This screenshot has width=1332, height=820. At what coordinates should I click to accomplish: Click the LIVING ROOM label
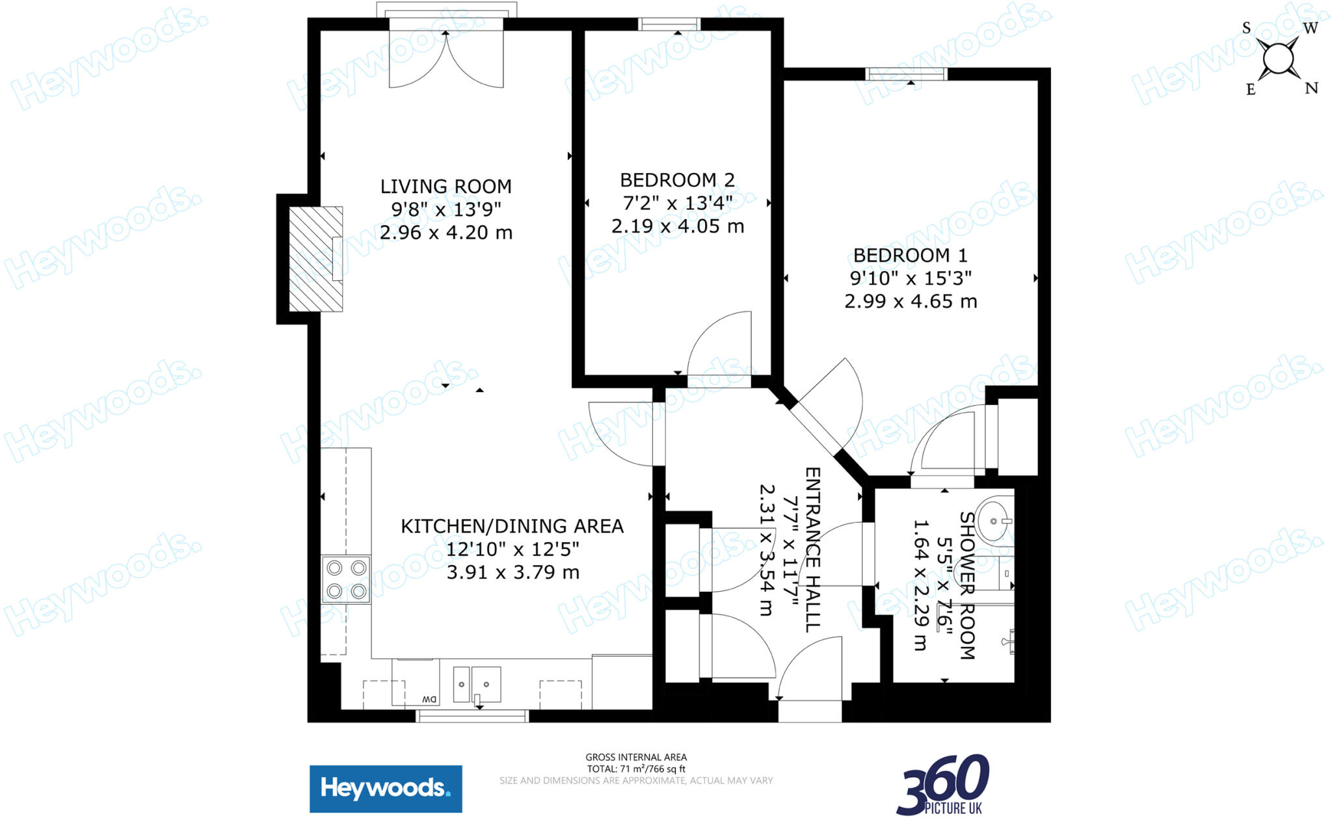click(446, 187)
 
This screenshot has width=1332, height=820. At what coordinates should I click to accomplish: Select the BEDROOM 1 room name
click(910, 256)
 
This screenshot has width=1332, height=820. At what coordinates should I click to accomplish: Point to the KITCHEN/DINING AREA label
click(512, 526)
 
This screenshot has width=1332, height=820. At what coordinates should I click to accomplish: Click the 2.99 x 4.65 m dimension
click(910, 302)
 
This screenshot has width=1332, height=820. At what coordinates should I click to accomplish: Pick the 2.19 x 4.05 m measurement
click(677, 226)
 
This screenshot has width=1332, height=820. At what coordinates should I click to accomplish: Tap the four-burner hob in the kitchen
click(346, 579)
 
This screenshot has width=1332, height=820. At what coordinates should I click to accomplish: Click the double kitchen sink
click(477, 684)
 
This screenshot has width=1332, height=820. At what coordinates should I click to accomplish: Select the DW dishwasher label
click(429, 699)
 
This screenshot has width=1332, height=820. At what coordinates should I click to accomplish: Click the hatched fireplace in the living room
click(315, 259)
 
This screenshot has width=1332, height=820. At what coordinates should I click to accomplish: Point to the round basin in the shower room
click(994, 520)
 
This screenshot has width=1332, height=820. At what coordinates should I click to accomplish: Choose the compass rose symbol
click(1278, 59)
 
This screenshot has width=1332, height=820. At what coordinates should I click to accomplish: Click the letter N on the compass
click(1311, 88)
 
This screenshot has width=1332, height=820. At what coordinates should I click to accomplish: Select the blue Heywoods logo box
click(385, 789)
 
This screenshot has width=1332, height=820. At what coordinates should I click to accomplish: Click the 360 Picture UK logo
click(942, 786)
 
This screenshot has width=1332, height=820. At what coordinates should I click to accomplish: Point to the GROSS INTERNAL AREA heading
click(635, 757)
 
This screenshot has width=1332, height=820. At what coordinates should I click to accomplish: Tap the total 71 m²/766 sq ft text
click(635, 769)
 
